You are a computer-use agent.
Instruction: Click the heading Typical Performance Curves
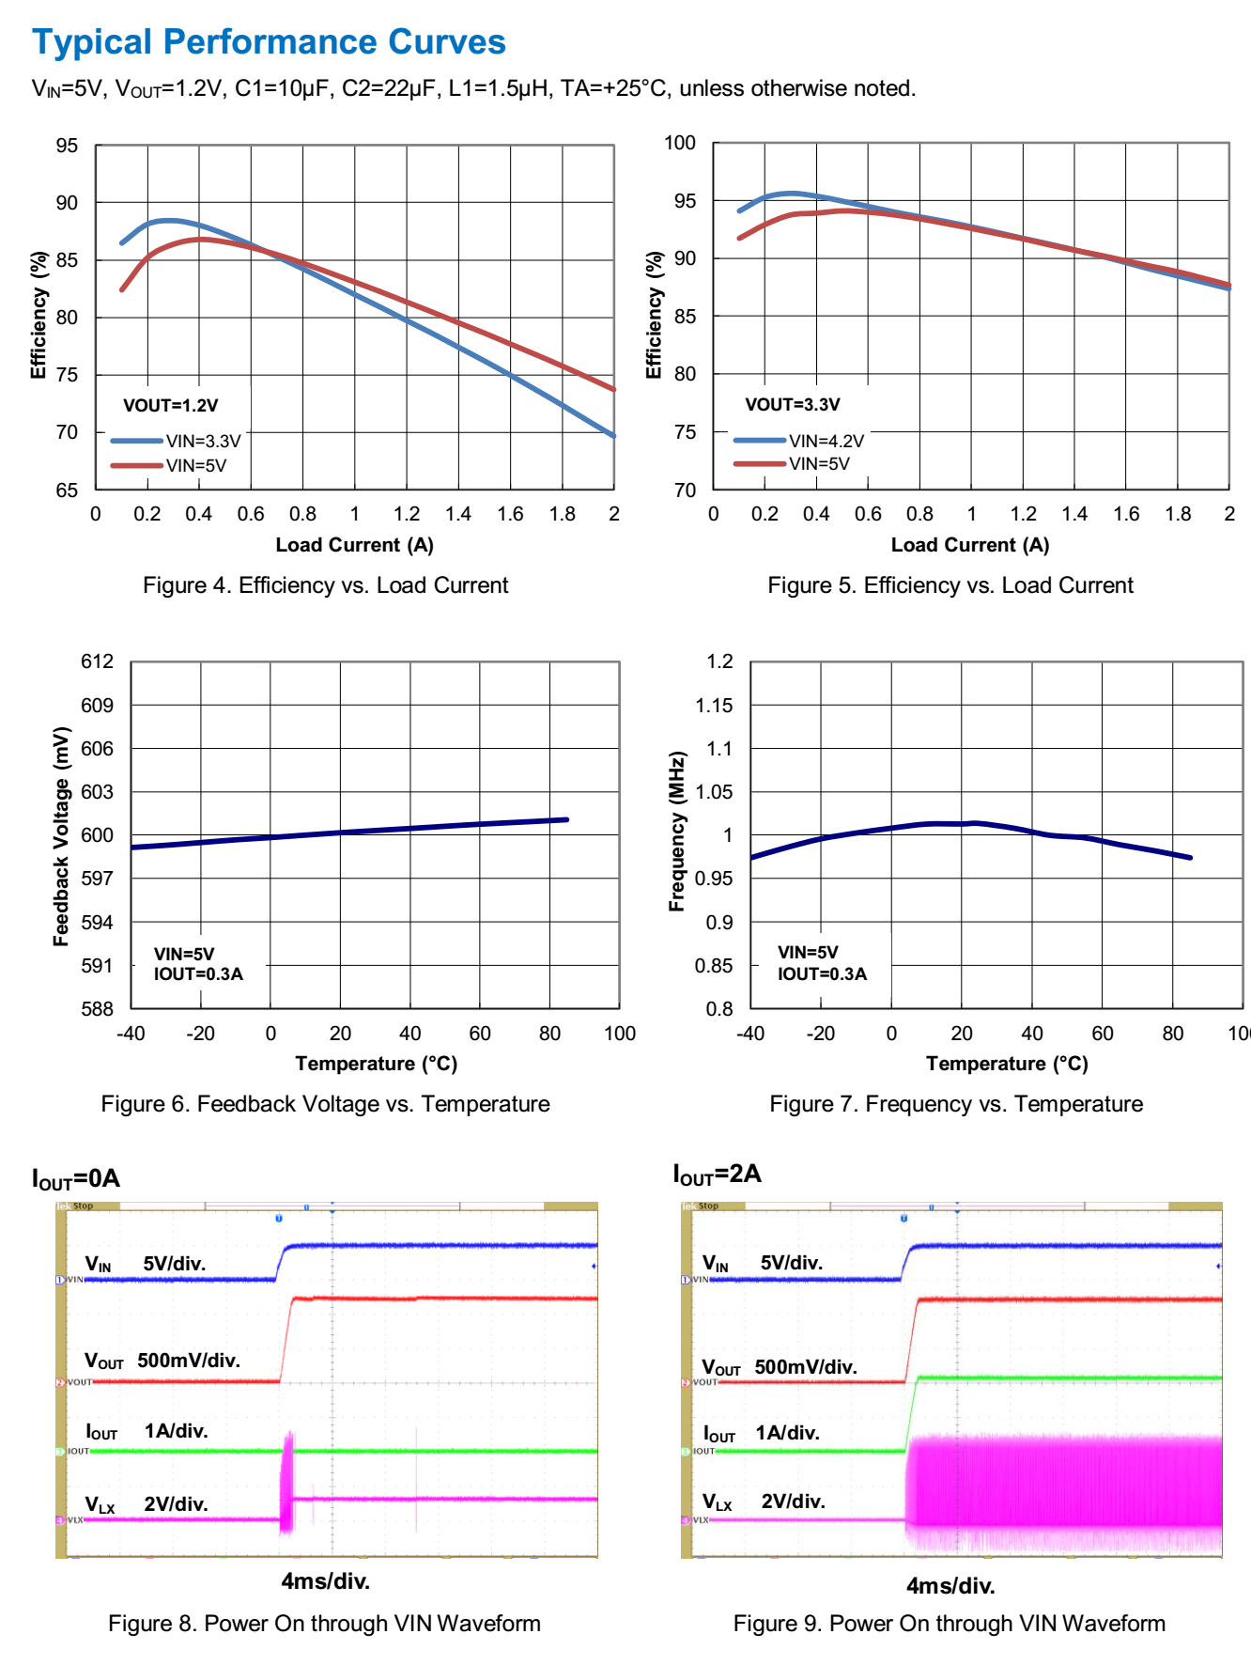[269, 42]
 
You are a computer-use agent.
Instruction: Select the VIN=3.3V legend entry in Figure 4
[203, 441]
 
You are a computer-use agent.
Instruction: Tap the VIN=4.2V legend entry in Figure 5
[826, 441]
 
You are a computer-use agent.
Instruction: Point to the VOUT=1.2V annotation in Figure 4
[170, 406]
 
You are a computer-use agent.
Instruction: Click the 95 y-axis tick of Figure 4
[67, 146]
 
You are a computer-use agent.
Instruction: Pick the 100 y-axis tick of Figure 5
[680, 143]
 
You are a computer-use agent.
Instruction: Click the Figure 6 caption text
[325, 1104]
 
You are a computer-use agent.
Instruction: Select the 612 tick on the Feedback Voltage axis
[97, 661]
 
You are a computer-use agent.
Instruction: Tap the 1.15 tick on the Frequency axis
[714, 706]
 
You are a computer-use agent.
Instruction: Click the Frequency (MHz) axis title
[676, 832]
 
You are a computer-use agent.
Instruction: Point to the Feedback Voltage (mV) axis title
[61, 836]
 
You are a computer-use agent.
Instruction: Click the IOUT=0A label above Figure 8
[76, 1179]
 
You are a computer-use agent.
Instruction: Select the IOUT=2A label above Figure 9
[717, 1175]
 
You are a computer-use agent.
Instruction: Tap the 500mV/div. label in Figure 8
[189, 1361]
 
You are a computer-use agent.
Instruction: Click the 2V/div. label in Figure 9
[793, 1502]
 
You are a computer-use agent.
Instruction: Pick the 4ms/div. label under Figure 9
[950, 1586]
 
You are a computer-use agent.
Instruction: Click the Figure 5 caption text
[950, 585]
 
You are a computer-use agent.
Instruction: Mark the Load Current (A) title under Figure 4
[354, 545]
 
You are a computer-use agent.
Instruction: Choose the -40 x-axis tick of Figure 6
[131, 1034]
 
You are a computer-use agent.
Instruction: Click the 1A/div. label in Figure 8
[176, 1431]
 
